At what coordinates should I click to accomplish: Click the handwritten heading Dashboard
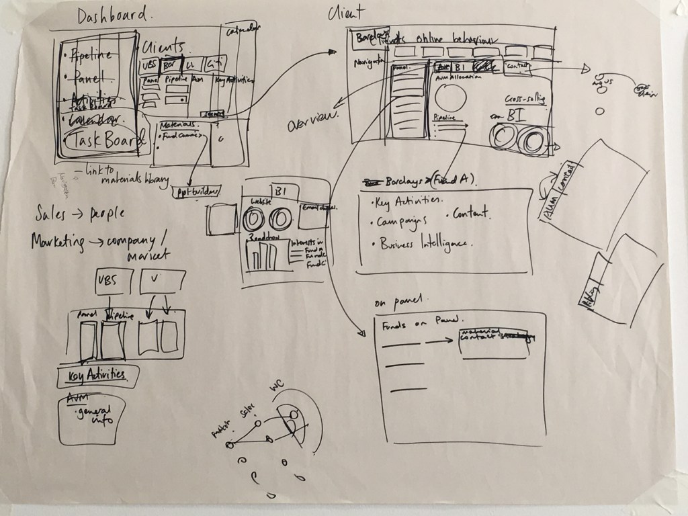114,16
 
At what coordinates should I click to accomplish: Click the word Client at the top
347,12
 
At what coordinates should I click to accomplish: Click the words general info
93,416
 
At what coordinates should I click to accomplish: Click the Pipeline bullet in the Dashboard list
91,56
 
